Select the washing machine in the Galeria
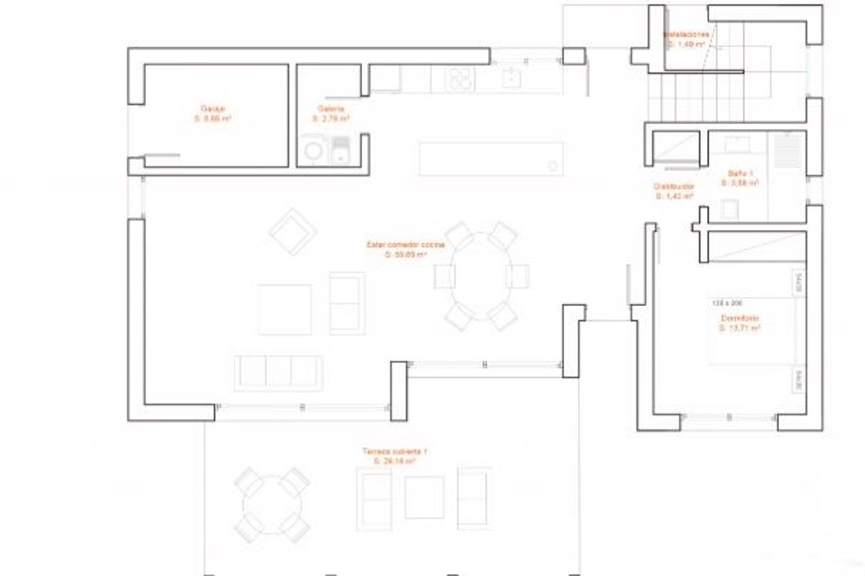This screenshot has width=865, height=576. [x=314, y=151]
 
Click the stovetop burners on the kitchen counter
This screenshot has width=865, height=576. [x=460, y=79]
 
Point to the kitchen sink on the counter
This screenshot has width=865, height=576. [x=510, y=79]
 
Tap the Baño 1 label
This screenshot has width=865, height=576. [x=740, y=179]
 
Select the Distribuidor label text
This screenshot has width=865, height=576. [x=673, y=191]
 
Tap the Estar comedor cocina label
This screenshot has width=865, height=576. [x=405, y=250]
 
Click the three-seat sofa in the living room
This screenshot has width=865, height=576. [x=278, y=372]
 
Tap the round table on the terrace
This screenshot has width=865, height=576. [x=273, y=504]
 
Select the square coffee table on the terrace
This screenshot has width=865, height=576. [x=425, y=498]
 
